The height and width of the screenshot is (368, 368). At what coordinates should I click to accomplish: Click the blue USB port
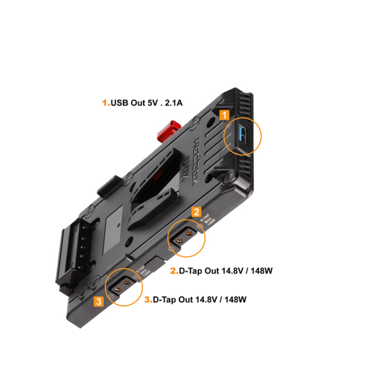(x=242, y=137)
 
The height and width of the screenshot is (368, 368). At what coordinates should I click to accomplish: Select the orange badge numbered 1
(x=223, y=115)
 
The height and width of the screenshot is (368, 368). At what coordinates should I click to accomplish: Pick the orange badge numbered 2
(x=196, y=212)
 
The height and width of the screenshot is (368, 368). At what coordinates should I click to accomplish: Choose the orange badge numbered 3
(x=99, y=301)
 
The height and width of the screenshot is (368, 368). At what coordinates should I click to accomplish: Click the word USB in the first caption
(x=121, y=103)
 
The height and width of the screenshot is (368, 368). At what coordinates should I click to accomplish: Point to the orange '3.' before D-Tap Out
(x=148, y=300)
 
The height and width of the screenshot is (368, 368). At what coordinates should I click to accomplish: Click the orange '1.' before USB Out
(x=106, y=103)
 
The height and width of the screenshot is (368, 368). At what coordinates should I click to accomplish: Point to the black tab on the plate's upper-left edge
(x=106, y=187)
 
